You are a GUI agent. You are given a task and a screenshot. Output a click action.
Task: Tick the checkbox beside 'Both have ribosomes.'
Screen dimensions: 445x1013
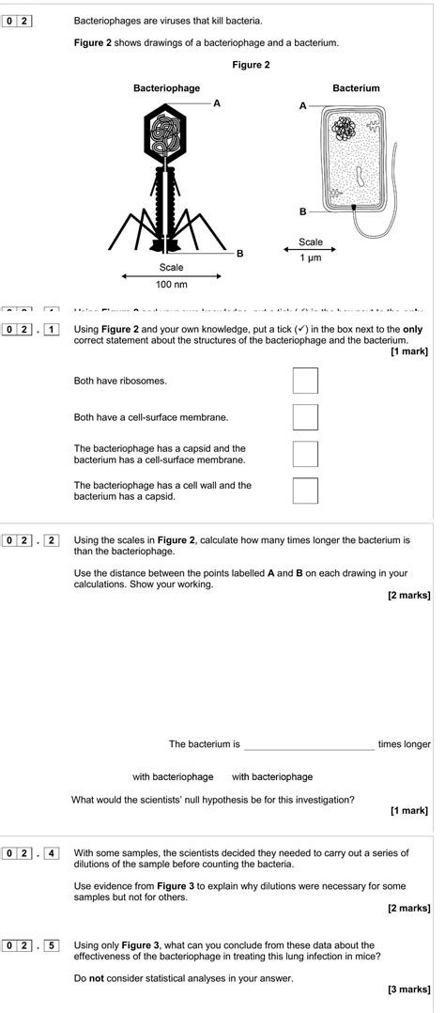click(305, 381)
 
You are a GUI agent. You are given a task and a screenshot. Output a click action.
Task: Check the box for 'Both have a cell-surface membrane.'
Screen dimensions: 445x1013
click(305, 416)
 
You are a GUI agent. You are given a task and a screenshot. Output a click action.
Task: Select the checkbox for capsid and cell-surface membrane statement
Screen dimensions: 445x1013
click(305, 454)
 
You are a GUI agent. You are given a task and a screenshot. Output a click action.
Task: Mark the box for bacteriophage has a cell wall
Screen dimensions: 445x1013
click(305, 491)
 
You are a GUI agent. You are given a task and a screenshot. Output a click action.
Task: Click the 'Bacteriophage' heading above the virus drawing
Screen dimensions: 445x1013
click(166, 87)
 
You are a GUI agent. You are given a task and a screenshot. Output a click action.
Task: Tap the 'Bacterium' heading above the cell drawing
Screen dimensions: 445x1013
click(356, 87)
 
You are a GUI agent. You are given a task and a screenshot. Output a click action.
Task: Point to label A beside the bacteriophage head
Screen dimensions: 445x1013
click(217, 102)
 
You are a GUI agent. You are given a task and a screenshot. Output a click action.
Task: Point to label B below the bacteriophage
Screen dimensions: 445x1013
click(239, 253)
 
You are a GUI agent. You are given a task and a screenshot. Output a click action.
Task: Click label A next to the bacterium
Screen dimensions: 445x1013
click(302, 106)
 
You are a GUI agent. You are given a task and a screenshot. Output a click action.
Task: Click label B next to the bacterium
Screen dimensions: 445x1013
click(302, 210)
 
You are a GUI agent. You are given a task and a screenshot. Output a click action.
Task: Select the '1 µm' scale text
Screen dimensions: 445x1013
click(310, 257)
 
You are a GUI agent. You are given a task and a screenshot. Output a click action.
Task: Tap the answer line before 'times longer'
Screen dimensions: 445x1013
click(309, 744)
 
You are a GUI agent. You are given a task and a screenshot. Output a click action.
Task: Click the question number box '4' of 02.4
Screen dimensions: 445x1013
click(52, 853)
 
